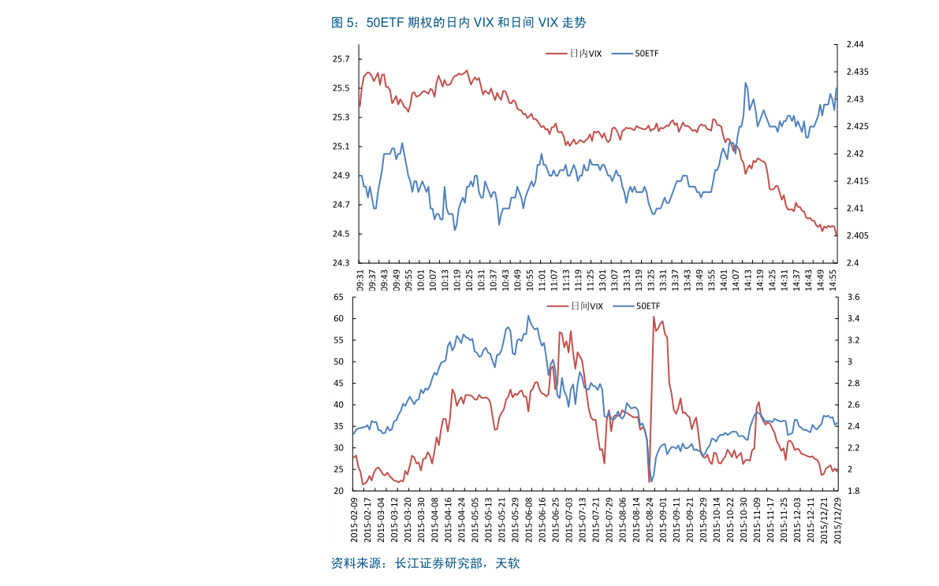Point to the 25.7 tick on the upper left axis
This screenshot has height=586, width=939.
341,59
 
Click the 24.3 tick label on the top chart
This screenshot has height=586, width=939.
341,263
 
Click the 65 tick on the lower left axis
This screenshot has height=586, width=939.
338,297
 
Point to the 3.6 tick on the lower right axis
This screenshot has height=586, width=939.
852,297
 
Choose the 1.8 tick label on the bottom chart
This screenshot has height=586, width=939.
852,491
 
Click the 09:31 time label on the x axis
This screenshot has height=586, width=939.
360,281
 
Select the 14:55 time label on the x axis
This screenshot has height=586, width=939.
833,281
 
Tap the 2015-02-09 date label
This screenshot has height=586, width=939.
356,521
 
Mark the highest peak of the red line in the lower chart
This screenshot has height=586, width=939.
654,317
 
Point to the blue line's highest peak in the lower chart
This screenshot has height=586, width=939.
528,316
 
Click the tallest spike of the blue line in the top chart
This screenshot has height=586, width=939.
745,82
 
